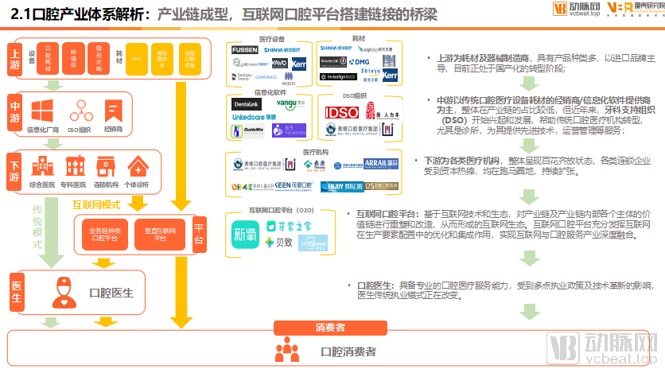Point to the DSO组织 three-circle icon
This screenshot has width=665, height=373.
80,111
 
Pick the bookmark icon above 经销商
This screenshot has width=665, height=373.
114,111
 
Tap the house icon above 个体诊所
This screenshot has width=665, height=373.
138,166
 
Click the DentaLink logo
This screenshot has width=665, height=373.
247,103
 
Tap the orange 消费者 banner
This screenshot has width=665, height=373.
329,327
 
